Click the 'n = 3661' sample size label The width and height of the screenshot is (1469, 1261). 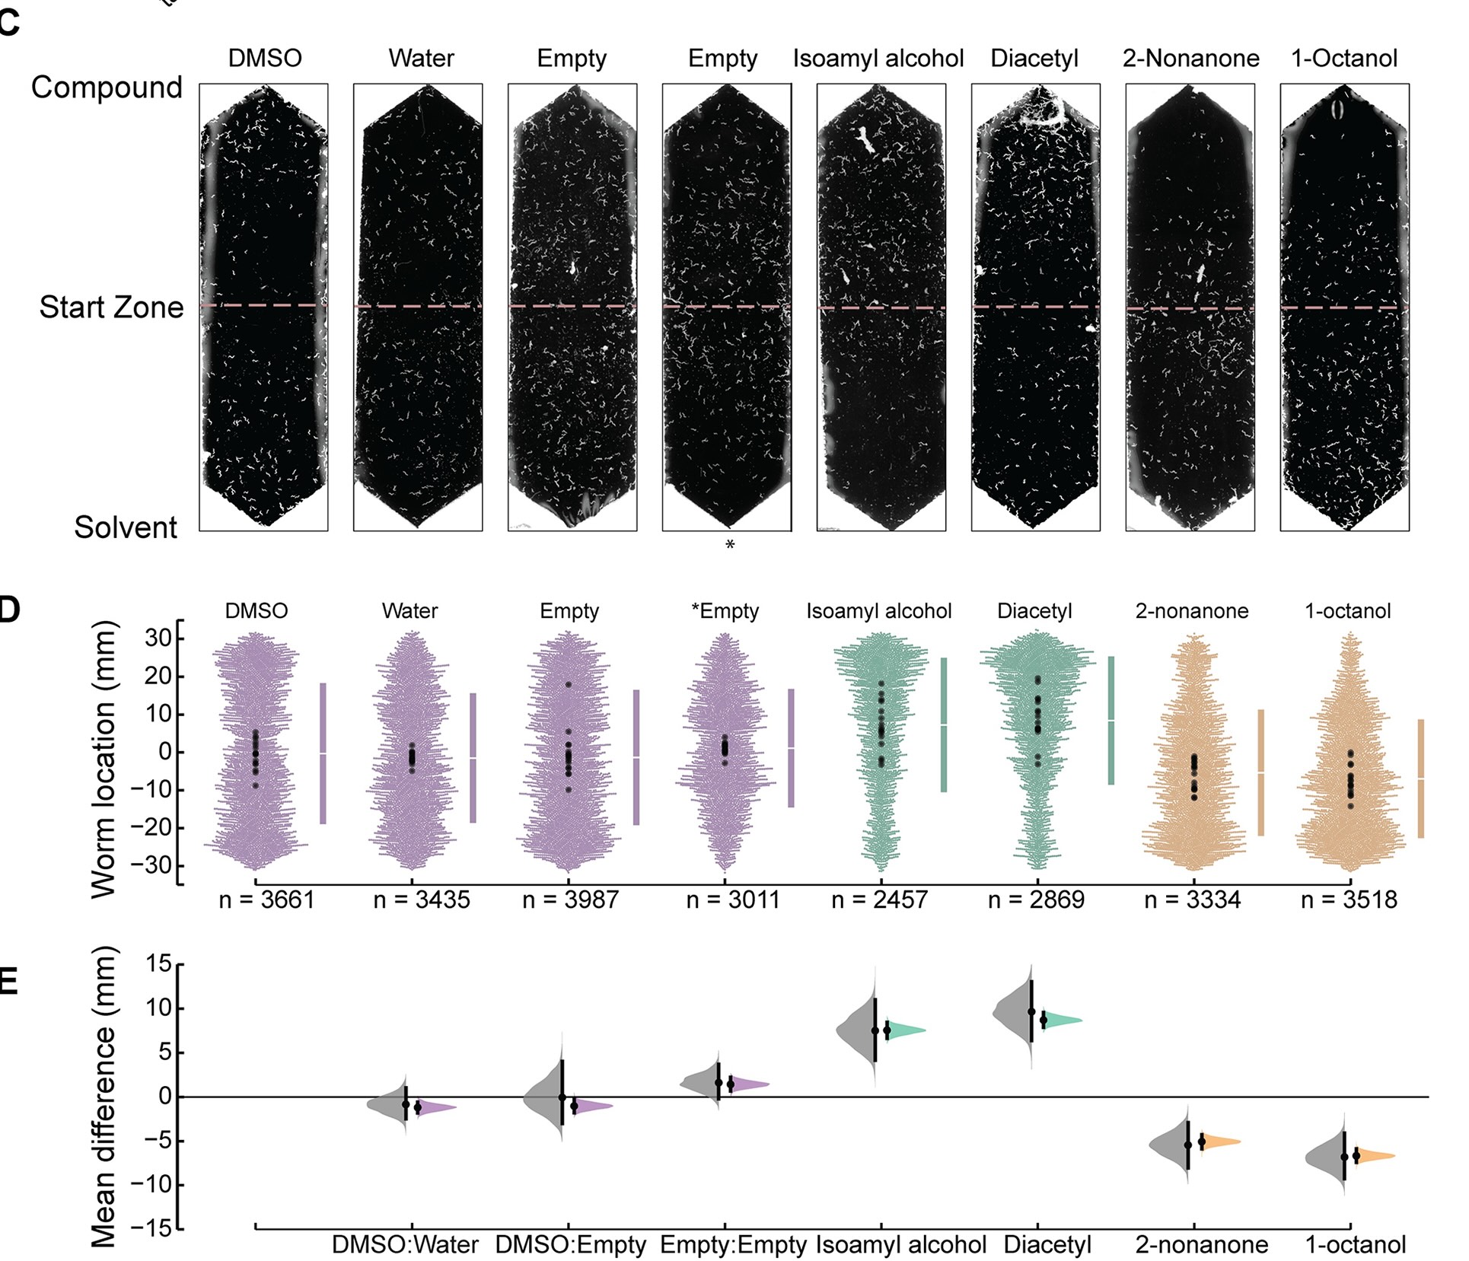266,900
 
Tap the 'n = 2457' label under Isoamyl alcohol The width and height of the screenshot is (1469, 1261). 879,900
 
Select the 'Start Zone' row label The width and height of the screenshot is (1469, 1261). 111,307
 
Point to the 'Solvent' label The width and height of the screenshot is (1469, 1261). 126,527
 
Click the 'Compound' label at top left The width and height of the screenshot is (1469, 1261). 107,88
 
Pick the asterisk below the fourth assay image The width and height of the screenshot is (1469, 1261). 730,546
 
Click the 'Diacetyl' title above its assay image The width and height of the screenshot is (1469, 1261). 1034,59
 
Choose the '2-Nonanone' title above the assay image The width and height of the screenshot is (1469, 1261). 1190,59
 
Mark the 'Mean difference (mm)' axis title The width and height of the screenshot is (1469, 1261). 104,1096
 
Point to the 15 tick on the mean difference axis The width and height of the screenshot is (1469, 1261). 159,965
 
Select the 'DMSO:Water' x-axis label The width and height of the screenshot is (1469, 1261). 405,1244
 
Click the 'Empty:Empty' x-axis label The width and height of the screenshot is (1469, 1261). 733,1244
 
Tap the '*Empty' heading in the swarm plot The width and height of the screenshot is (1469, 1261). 725,611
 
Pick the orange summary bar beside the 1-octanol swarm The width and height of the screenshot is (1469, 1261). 1420,779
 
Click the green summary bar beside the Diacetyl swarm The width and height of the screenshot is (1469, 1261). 1111,720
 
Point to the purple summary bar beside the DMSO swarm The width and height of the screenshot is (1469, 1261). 323,753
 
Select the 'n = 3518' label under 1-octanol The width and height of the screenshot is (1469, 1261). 1349,900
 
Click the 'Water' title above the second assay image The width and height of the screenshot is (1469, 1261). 421,59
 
